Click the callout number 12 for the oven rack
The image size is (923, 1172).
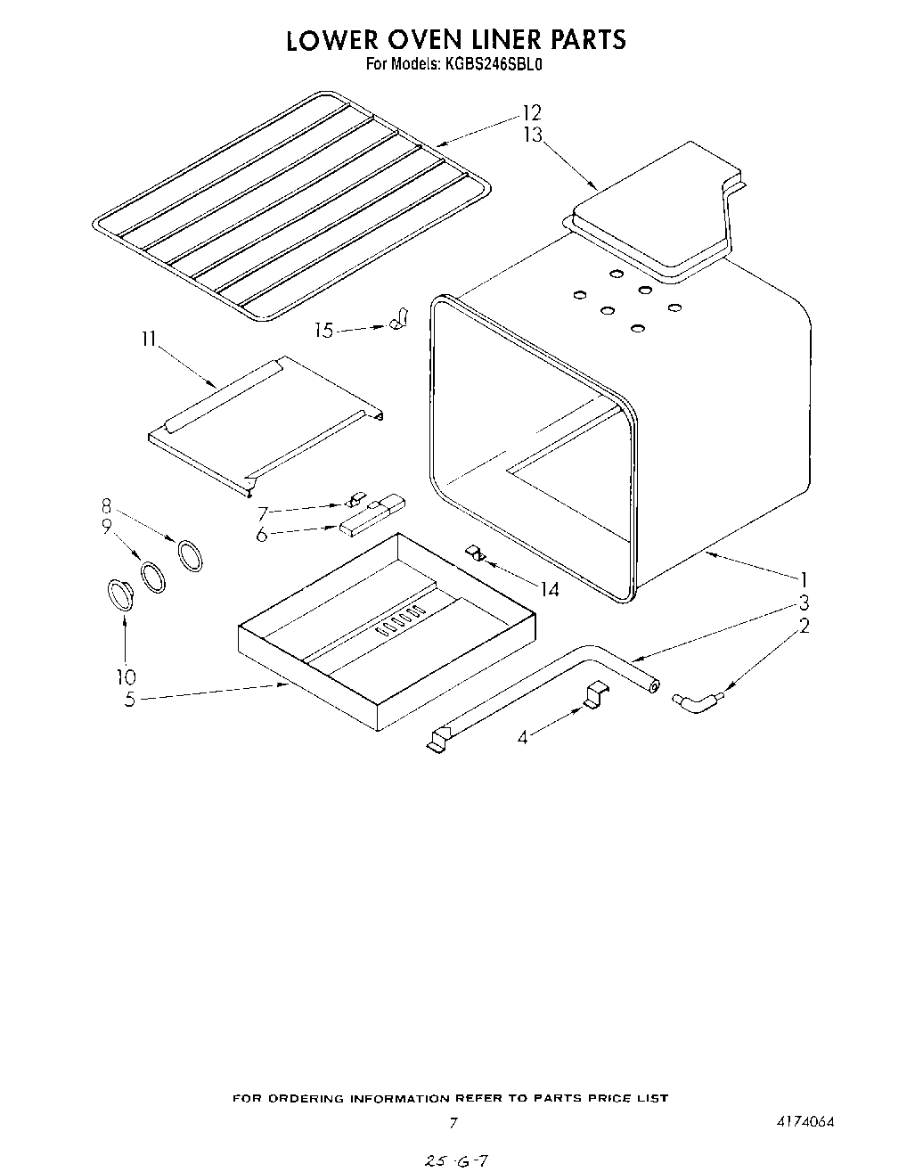[x=532, y=113]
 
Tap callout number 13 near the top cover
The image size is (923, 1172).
[x=533, y=135]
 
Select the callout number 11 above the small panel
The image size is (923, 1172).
[x=149, y=339]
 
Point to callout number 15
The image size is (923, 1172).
[x=324, y=331]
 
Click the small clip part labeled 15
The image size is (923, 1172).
[x=398, y=317]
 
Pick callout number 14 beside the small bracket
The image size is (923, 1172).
[x=550, y=589]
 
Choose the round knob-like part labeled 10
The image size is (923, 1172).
[x=119, y=593]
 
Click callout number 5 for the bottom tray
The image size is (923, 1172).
[x=130, y=700]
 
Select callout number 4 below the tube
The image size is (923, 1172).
[x=523, y=737]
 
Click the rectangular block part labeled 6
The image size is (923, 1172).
[x=360, y=522]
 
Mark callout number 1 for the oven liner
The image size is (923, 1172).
[x=803, y=578]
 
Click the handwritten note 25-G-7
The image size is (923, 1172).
[x=457, y=1160]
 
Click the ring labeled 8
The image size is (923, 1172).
[x=191, y=555]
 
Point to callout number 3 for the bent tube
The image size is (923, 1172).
[x=803, y=602]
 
